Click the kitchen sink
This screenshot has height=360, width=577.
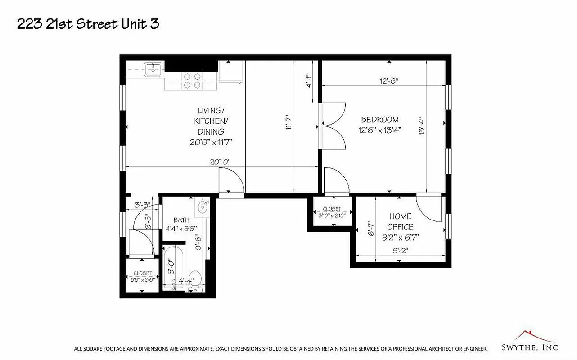point(153,70)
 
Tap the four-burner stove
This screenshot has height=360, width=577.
point(192,81)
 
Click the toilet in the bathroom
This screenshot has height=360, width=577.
point(195,278)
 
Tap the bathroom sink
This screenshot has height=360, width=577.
point(203,207)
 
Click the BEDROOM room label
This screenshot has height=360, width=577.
point(380,120)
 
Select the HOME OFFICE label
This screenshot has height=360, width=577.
point(400,222)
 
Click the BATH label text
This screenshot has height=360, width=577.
point(181,220)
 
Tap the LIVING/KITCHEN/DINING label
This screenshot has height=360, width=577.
point(211,121)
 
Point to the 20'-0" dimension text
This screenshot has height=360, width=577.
point(220,162)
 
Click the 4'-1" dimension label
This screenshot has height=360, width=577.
point(309,81)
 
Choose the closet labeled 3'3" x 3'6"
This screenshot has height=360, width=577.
point(142,276)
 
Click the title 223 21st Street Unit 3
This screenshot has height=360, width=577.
point(88,24)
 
